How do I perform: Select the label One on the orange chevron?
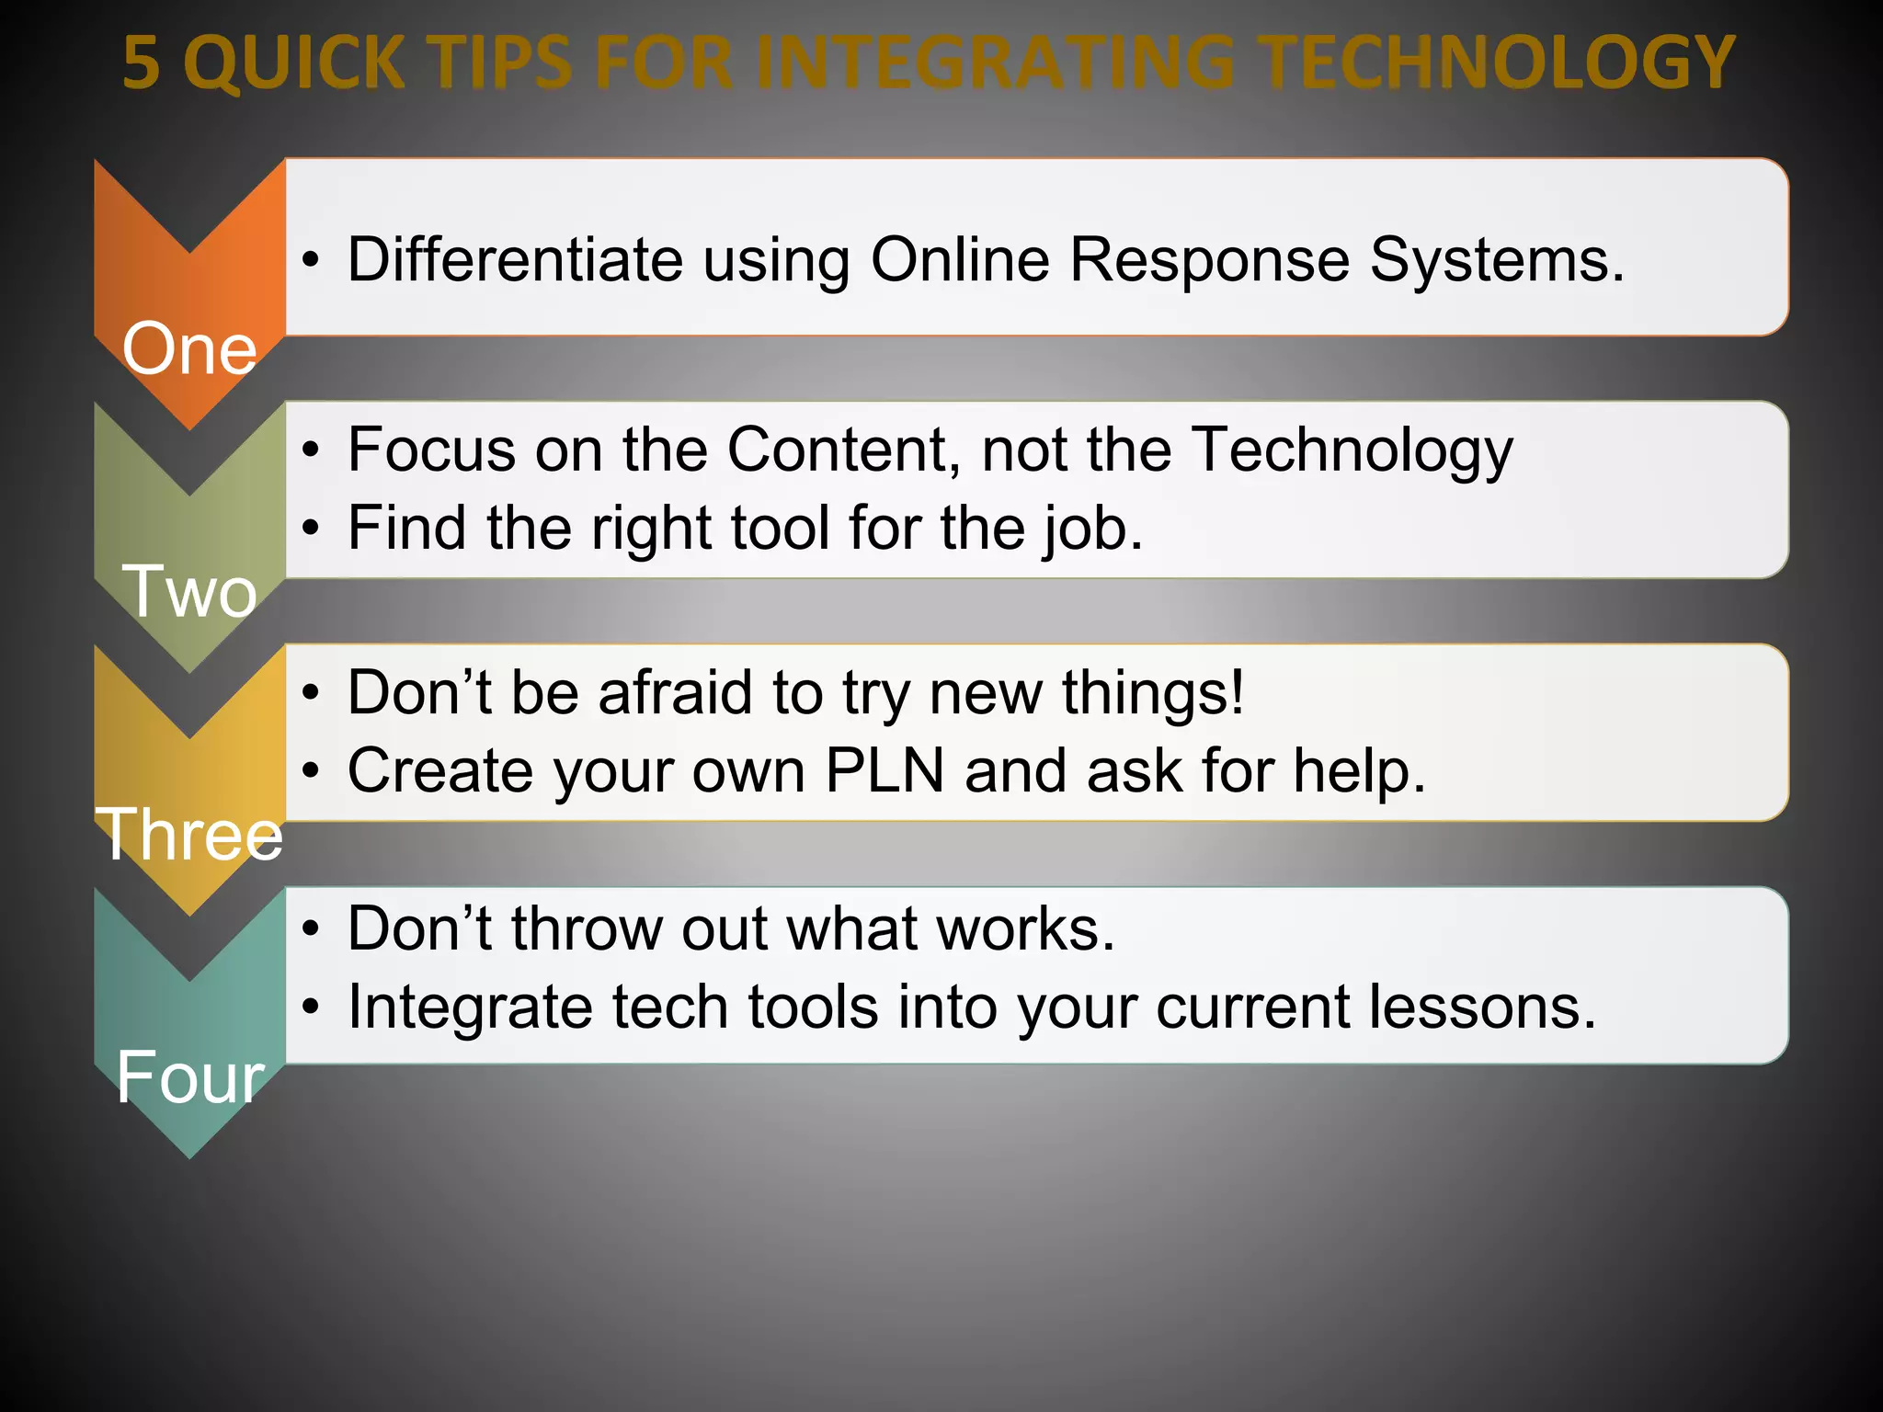[189, 349]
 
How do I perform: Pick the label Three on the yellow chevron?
[189, 835]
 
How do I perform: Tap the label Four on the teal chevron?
[189, 1077]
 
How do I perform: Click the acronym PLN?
[884, 770]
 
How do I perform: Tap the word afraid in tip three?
[676, 692]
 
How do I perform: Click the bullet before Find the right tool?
[312, 530]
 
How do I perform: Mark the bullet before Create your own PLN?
[312, 772]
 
